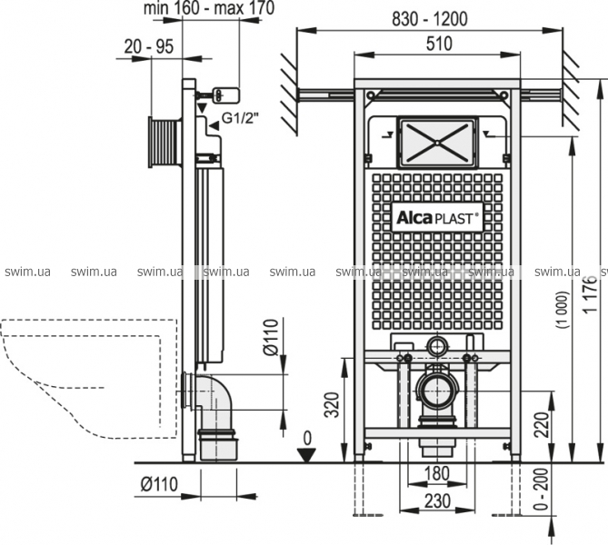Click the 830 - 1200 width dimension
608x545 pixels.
point(429,19)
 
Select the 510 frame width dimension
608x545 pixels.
point(439,44)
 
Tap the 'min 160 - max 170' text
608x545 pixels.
point(209,8)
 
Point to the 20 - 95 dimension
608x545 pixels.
point(149,47)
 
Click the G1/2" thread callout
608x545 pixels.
point(240,118)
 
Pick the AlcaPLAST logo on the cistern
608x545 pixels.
point(437,218)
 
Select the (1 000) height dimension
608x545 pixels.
point(563,310)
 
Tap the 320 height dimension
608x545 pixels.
point(332,405)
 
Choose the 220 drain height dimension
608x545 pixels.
point(543,424)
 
